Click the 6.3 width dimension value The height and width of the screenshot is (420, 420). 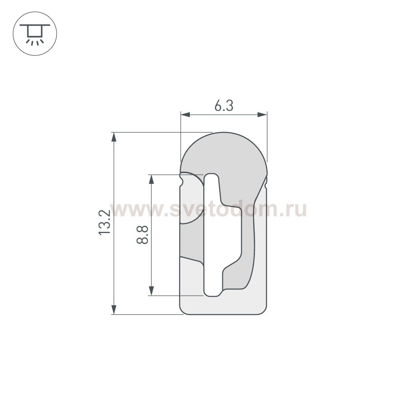pyautogui.click(x=223, y=106)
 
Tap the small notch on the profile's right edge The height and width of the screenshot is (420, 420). pyautogui.click(x=266, y=181)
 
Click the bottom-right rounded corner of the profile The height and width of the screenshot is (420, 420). pyautogui.click(x=263, y=311)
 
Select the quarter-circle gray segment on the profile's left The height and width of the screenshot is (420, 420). pyautogui.click(x=191, y=199)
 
